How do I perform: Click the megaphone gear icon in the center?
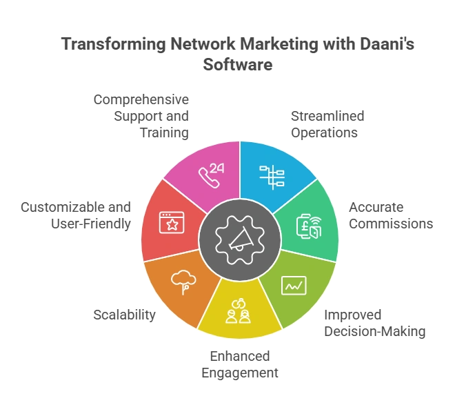pos(240,240)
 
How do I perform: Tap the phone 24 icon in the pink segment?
pos(211,175)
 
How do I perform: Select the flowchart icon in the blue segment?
pos(272,177)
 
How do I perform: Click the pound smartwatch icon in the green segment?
pos(309,226)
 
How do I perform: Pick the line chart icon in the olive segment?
pos(294,285)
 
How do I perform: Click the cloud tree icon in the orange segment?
pos(183,282)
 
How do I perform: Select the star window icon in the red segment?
pos(172,223)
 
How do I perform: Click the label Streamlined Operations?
pos(327,124)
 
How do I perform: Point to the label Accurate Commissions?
pos(391,215)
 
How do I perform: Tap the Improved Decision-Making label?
pos(375,323)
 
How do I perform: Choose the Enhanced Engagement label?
pos(240,364)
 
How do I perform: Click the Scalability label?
pos(125,315)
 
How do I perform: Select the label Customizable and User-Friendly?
pos(76,215)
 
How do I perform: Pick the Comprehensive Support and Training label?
pos(141,116)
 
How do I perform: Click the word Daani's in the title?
pos(387,44)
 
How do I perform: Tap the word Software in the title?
pos(238,64)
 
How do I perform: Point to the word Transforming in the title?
pos(114,44)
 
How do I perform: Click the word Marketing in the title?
pos(279,44)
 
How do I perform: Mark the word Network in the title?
pos(203,44)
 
